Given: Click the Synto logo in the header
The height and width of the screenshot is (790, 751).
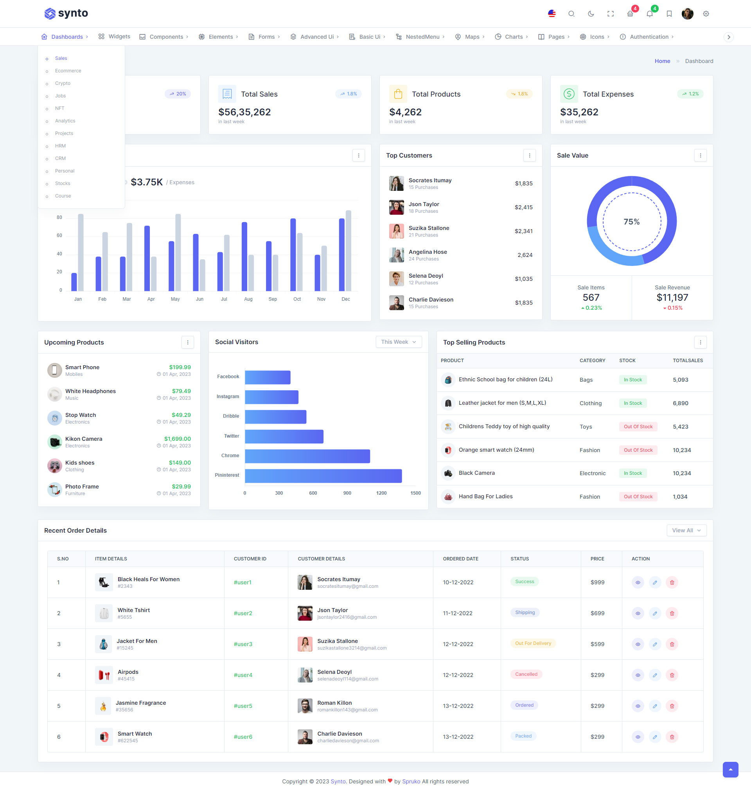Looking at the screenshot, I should pos(66,14).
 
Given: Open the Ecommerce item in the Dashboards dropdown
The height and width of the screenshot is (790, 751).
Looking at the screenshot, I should pos(68,71).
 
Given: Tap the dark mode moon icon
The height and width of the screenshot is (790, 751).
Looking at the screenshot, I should pos(591,14).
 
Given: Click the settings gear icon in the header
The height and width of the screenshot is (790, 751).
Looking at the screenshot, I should pos(706,14).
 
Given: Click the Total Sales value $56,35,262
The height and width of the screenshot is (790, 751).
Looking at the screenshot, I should pos(244,112).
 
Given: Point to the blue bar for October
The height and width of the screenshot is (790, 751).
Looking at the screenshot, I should pos(293,255).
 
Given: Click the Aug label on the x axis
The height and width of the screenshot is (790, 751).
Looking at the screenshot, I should pos(248,299).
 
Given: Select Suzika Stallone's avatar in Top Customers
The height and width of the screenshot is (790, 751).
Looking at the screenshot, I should pos(396,231).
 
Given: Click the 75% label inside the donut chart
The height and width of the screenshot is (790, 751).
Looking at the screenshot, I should pos(631,222).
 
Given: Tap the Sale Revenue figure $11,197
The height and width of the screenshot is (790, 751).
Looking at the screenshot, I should pos(672,297).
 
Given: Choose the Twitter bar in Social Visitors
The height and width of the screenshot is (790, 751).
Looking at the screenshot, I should pos(284,436).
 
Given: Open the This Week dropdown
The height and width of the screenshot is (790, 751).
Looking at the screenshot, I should pos(398,342).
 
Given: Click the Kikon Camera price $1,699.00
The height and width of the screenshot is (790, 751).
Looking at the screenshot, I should pos(177,439).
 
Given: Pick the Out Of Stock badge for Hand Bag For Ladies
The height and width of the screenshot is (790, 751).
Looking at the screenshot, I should pos(638,497).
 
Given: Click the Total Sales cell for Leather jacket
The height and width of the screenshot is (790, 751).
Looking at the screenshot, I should pos(680,403).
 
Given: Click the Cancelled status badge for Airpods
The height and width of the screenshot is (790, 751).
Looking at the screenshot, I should pos(526,674).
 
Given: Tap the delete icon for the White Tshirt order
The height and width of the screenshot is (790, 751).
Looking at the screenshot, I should pos(672,613).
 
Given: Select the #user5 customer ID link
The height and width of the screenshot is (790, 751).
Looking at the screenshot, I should pos(243,706).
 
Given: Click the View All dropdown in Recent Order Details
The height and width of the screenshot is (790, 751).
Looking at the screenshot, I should pos(686,530).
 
